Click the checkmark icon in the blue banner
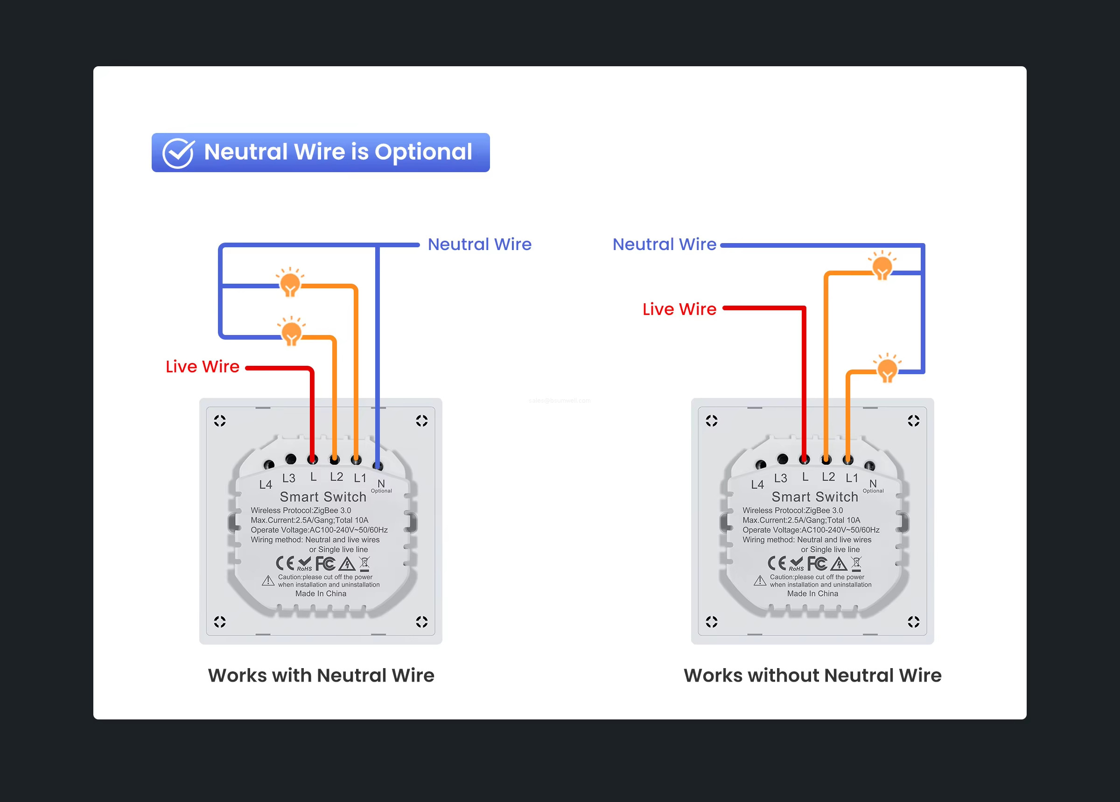(x=178, y=153)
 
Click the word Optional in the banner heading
(x=423, y=152)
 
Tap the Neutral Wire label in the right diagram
(x=664, y=244)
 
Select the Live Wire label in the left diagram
(x=203, y=366)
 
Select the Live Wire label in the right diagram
(x=679, y=309)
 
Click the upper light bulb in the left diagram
(x=290, y=284)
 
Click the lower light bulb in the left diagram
(x=291, y=333)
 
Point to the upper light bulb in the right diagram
(x=882, y=267)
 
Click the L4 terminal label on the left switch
(x=266, y=484)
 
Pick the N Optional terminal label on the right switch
(x=873, y=486)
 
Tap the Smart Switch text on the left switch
(x=323, y=497)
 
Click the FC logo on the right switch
(x=817, y=564)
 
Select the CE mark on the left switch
(x=285, y=564)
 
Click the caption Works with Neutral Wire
(x=321, y=675)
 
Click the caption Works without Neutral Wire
(x=812, y=675)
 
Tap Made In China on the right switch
(x=812, y=593)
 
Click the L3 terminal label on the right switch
(x=780, y=478)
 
